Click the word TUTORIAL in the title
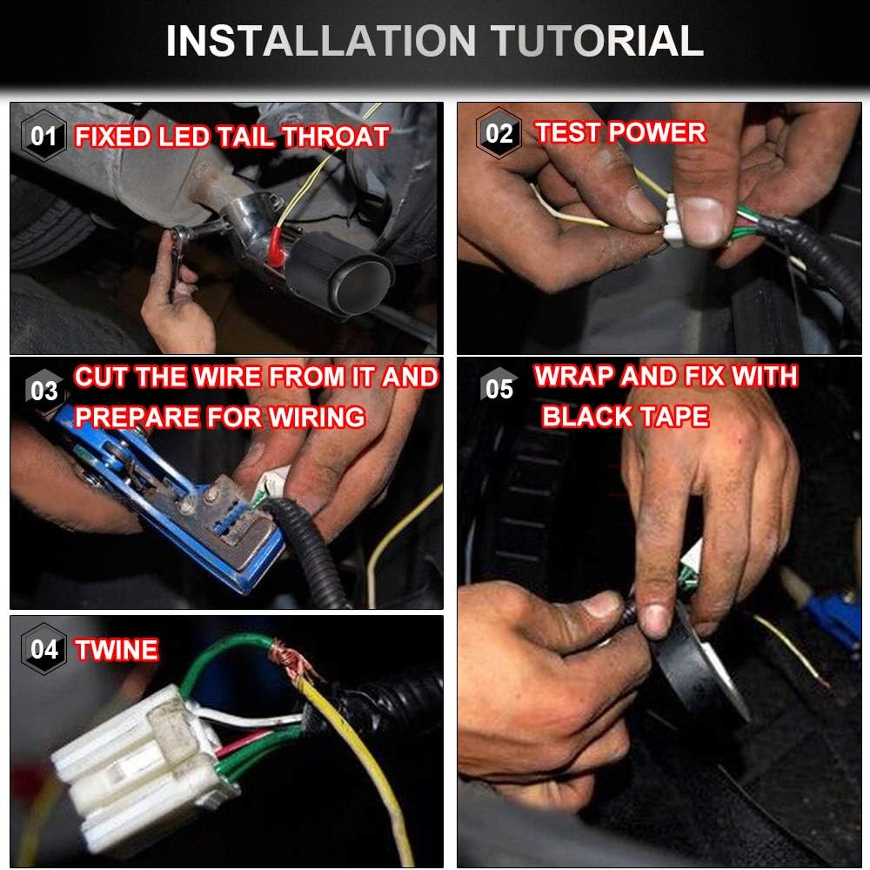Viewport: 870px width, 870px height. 597,41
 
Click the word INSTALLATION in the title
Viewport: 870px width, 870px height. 321,41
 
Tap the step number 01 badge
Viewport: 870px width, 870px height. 43,136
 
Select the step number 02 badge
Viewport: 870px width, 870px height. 499,134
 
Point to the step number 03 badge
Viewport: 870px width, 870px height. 43,391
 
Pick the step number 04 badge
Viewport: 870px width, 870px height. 43,649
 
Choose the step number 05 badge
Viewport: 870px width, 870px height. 499,389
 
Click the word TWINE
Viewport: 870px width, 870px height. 117,650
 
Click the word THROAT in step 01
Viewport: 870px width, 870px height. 335,137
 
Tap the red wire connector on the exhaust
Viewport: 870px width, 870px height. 276,246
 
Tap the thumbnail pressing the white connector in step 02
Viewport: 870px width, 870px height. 701,220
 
